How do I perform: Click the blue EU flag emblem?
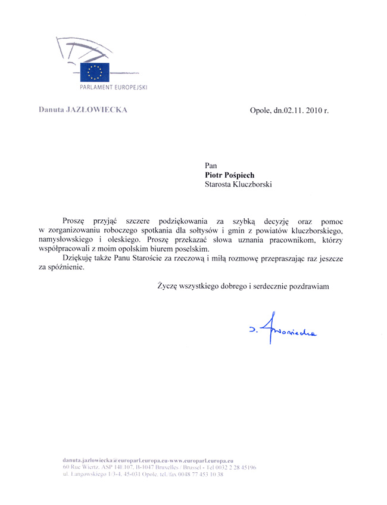[x=95, y=72]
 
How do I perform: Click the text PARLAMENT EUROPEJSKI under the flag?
[x=113, y=87]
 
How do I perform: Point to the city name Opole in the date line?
[x=260, y=111]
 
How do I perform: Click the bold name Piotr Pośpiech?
[x=229, y=175]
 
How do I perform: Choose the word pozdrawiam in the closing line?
[x=309, y=286]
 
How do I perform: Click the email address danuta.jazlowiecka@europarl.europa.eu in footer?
[x=113, y=460]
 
